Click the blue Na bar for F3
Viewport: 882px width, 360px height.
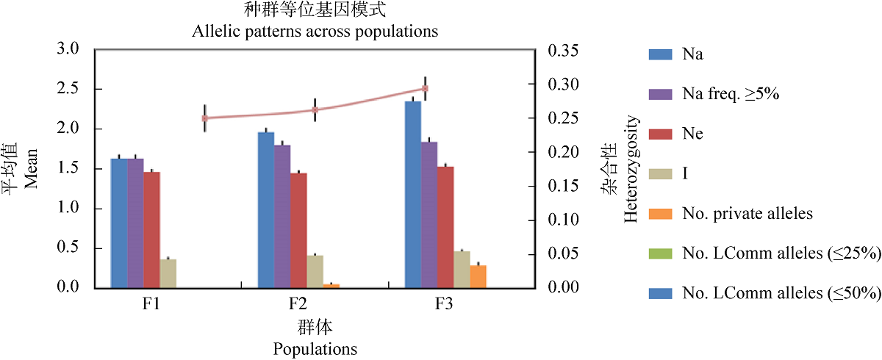(413, 194)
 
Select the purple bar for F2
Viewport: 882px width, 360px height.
(282, 216)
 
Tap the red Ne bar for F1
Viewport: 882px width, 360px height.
(151, 229)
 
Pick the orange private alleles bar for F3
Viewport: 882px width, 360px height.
(478, 276)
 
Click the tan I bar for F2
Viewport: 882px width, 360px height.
(315, 271)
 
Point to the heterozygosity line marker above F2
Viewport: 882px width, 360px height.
(315, 109)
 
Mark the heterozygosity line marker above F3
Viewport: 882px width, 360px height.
(425, 88)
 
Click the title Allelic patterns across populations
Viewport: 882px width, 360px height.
(315, 32)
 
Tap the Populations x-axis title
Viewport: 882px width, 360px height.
(315, 348)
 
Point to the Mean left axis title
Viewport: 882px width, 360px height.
(30, 169)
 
